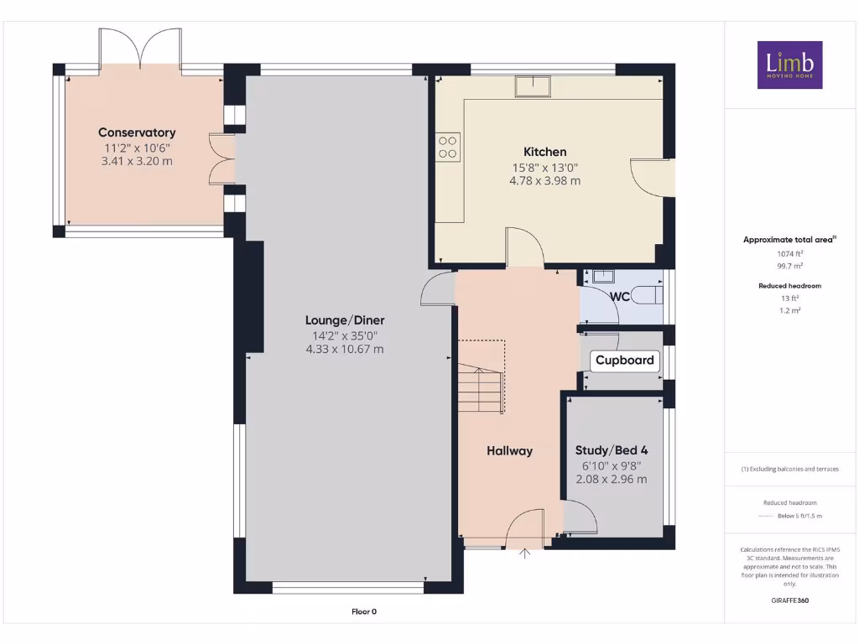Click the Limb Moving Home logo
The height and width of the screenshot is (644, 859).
[x=789, y=65]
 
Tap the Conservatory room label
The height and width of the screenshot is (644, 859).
[x=137, y=132]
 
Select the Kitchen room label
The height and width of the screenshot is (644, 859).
[x=544, y=152]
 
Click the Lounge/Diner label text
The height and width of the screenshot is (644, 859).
[x=345, y=320]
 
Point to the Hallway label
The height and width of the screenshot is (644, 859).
[x=509, y=451]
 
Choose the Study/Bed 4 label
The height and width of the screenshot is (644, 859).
[x=611, y=450]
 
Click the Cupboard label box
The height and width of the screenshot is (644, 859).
[x=624, y=361]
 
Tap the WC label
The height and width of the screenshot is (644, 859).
[x=620, y=297]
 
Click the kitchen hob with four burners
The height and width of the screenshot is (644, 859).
[x=448, y=147]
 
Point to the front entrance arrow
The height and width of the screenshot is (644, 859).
[x=526, y=553]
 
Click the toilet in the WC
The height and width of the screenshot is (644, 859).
[x=648, y=294]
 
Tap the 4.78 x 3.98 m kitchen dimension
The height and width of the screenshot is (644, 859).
[x=544, y=180]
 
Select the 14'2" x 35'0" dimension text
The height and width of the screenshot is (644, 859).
[x=345, y=335]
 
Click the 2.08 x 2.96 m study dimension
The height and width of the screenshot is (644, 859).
[x=611, y=480]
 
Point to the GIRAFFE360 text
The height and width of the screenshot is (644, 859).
[x=789, y=600]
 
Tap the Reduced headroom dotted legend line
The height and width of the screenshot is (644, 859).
[x=765, y=516]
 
